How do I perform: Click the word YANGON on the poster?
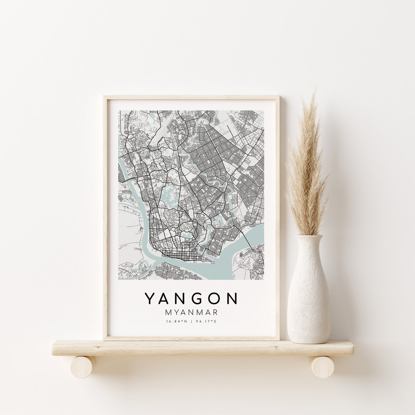tap(191, 299)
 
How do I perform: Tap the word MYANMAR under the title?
tap(191, 311)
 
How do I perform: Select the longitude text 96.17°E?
tap(207, 321)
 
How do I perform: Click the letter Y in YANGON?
tap(149, 299)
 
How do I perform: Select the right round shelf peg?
tap(322, 367)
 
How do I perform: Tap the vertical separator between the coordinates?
tap(191, 321)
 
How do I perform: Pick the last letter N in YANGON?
tap(232, 299)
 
